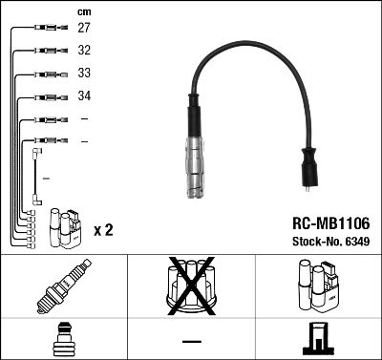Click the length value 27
(84, 30)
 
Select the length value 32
(84, 52)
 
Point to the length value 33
(84, 74)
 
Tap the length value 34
(84, 96)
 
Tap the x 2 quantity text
(104, 230)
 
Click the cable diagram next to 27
(47, 30)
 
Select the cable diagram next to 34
(47, 96)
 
